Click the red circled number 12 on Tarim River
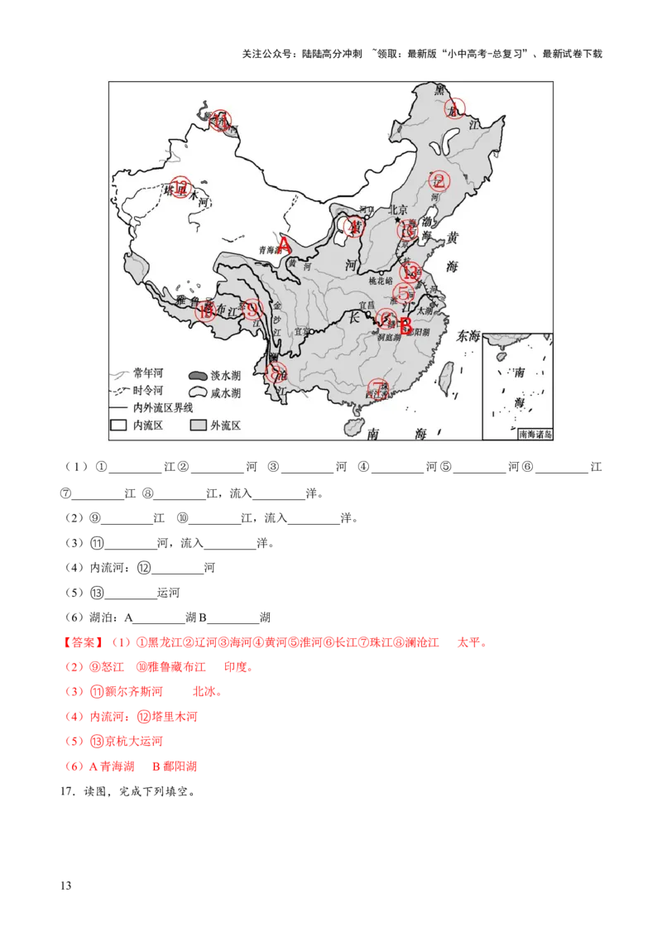coord(181,186)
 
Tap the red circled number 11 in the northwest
coord(220,120)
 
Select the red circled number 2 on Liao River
coord(438,181)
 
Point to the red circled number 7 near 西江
coord(378,388)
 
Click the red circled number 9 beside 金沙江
coord(253,310)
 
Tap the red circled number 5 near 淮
coord(404,292)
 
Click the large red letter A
coord(284,245)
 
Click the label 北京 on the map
coord(400,209)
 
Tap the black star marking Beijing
coord(398,220)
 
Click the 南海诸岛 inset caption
coord(534,433)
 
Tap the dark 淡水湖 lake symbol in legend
coord(199,374)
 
